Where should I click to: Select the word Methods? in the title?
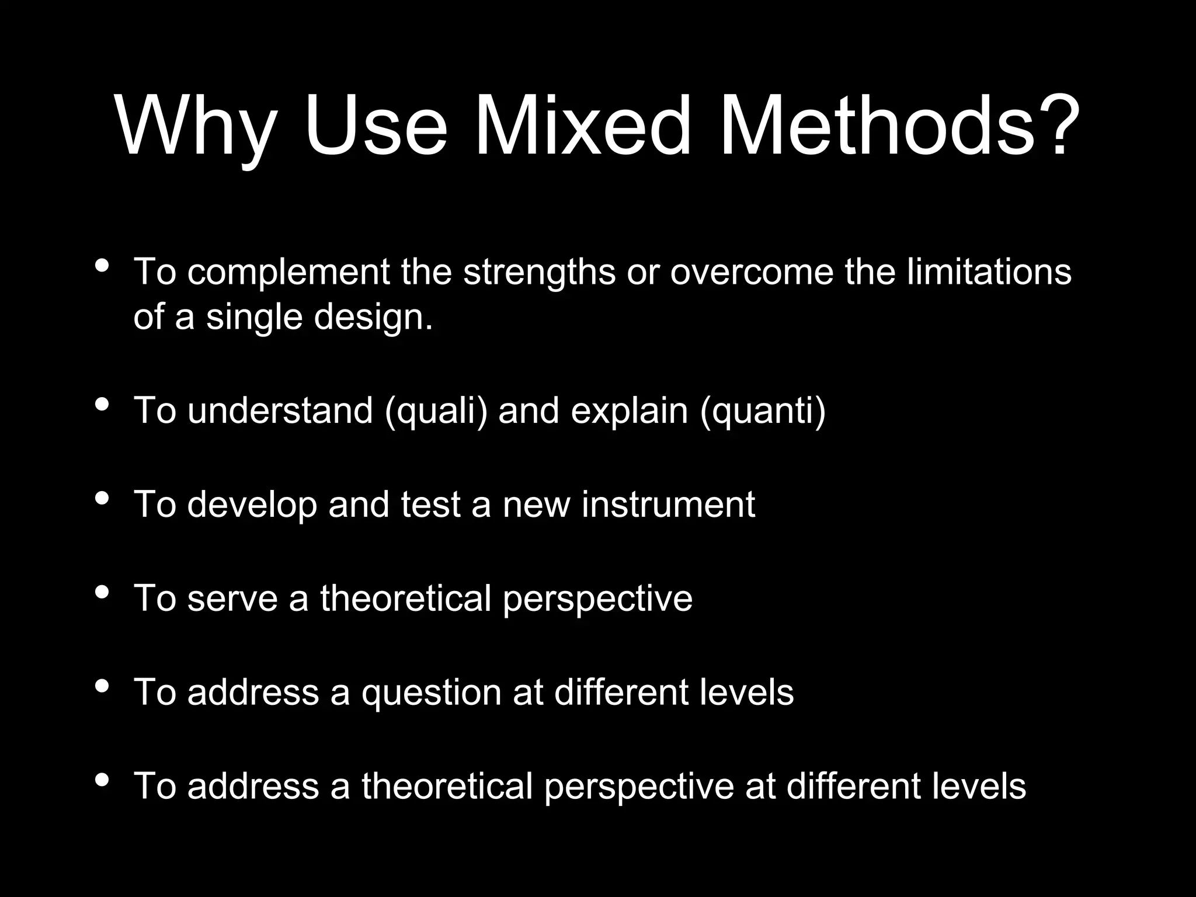pos(899,126)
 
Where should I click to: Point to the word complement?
pos(288,273)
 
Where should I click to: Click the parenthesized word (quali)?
pos(436,411)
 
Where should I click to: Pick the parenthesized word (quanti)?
pos(762,411)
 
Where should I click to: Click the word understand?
pos(280,410)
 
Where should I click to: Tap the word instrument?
pos(668,504)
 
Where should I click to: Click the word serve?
pos(232,599)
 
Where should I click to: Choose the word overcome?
pos(751,272)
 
